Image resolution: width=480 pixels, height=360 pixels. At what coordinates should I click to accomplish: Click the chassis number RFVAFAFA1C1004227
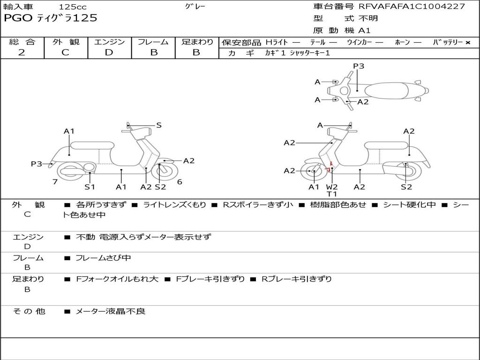pyautogui.click(x=412, y=7)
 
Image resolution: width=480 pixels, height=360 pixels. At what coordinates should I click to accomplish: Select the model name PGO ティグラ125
pyautogui.click(x=50, y=18)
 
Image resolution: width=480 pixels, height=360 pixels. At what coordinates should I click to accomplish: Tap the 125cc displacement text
pyautogui.click(x=73, y=7)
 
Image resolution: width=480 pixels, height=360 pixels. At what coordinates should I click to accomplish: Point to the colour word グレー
pyautogui.click(x=195, y=7)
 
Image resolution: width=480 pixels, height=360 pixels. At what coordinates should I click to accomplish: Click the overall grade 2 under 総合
pyautogui.click(x=22, y=52)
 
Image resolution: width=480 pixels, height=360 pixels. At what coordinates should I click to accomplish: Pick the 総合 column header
pyautogui.click(x=22, y=42)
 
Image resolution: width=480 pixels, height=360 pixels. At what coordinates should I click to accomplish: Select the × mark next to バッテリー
pyautogui.click(x=467, y=43)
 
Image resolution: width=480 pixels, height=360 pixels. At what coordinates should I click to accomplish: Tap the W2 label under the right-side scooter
pyautogui.click(x=332, y=187)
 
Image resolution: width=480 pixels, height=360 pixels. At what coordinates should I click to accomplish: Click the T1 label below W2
pyautogui.click(x=332, y=194)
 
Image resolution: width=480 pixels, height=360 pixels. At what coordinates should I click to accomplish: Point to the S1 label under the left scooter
pyautogui.click(x=90, y=187)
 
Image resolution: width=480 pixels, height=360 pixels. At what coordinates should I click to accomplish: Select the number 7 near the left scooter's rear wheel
pyautogui.click(x=55, y=182)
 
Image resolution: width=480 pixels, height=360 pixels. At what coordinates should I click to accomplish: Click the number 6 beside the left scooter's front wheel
pyautogui.click(x=180, y=182)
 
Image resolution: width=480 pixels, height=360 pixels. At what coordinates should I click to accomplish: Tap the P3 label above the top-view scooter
pyautogui.click(x=359, y=66)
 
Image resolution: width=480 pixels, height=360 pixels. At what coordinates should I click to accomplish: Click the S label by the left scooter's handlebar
pyautogui.click(x=159, y=125)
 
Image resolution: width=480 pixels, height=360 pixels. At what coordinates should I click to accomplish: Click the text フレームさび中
pyautogui.click(x=103, y=258)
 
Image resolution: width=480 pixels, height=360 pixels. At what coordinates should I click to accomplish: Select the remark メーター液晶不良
pyautogui.click(x=110, y=311)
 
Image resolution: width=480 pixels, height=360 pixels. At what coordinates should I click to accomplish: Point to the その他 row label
pyautogui.click(x=29, y=311)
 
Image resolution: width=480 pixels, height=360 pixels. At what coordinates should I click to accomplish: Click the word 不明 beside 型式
pyautogui.click(x=368, y=19)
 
